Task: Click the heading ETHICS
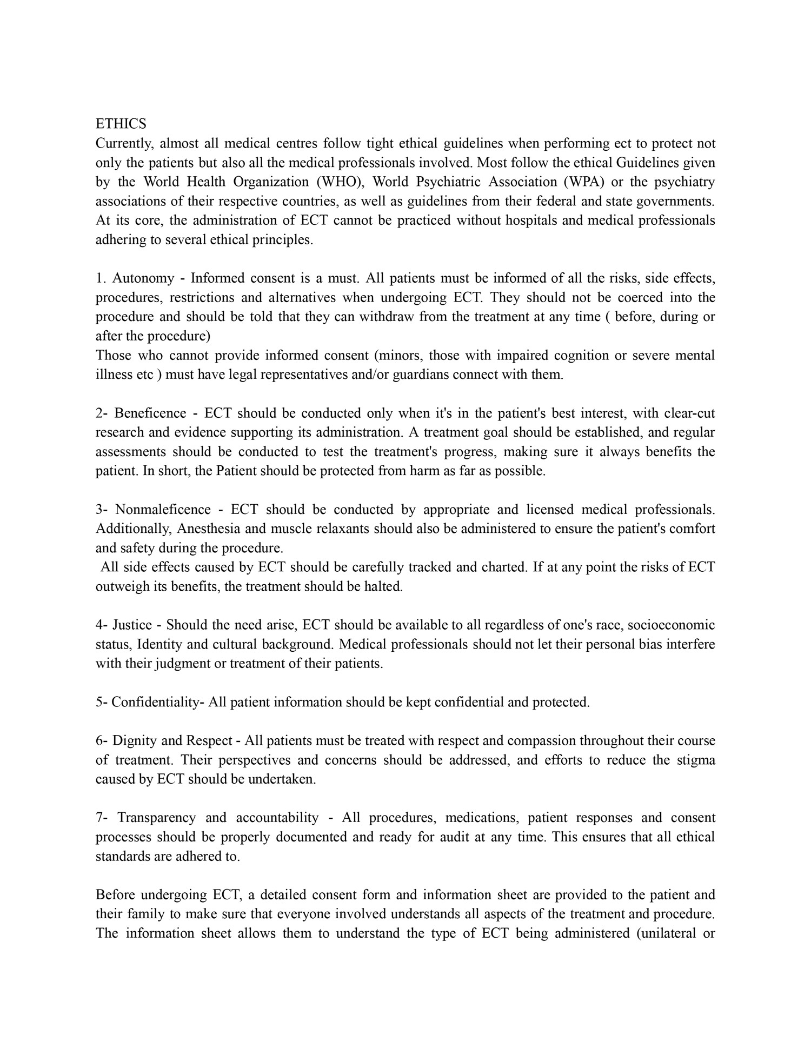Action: pos(121,124)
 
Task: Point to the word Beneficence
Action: pos(150,413)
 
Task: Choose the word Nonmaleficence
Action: pos(163,510)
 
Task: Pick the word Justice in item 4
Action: pos(132,625)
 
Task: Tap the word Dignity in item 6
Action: pos(133,741)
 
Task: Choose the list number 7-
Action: pos(102,818)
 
